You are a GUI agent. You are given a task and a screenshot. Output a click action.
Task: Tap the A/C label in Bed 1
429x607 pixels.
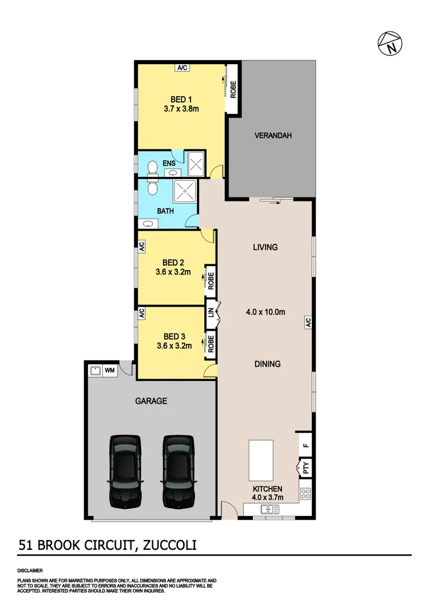click(x=182, y=68)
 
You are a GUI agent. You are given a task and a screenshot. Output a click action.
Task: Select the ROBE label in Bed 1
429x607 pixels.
click(x=233, y=89)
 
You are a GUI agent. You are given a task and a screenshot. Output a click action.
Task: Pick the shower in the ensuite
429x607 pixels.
click(x=197, y=165)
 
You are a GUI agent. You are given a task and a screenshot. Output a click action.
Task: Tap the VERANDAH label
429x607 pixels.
click(x=273, y=136)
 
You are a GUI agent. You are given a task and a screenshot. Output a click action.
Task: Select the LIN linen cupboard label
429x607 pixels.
click(x=210, y=312)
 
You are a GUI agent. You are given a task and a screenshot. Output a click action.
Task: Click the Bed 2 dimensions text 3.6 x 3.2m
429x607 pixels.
click(x=173, y=272)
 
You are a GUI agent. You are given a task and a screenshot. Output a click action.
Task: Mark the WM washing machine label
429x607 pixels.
click(x=109, y=371)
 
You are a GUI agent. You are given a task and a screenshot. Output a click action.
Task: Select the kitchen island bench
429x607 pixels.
click(x=260, y=460)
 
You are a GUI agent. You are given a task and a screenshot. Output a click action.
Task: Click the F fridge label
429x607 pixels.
click(x=305, y=445)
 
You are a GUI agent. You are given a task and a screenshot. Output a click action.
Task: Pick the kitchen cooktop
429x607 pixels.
click(x=305, y=494)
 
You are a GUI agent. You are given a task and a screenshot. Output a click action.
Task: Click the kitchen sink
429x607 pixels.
click(x=268, y=509)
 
